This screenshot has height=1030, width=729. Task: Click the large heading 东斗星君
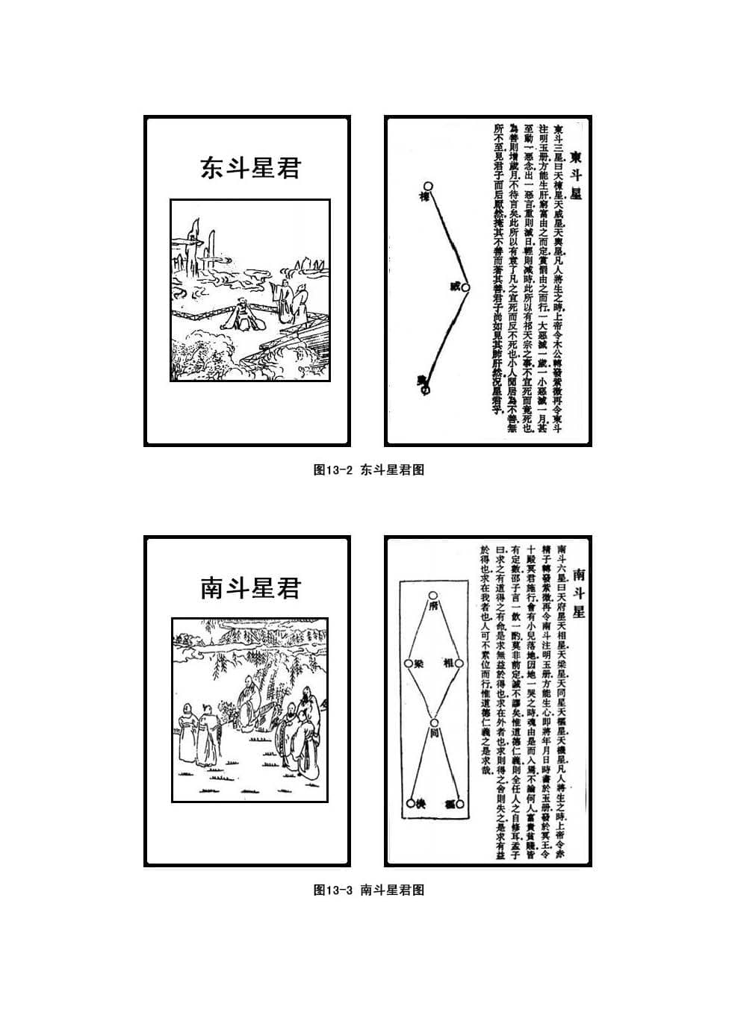[249, 168]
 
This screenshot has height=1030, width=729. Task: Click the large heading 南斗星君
[249, 588]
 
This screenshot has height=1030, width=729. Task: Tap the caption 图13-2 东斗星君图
[369, 470]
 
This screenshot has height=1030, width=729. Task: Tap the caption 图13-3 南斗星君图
[369, 890]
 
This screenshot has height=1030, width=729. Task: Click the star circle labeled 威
[465, 287]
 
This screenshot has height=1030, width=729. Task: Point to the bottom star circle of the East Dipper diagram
[425, 389]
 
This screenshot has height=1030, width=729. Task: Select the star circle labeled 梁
[408, 663]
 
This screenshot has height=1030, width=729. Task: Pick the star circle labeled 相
[459, 663]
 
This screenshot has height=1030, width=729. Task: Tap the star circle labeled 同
[432, 722]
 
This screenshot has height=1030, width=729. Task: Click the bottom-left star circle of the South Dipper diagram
[410, 804]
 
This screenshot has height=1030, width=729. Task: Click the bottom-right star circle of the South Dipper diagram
[460, 804]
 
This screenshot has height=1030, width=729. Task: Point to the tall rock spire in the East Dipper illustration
[196, 243]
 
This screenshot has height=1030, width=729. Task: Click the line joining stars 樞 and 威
[447, 237]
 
